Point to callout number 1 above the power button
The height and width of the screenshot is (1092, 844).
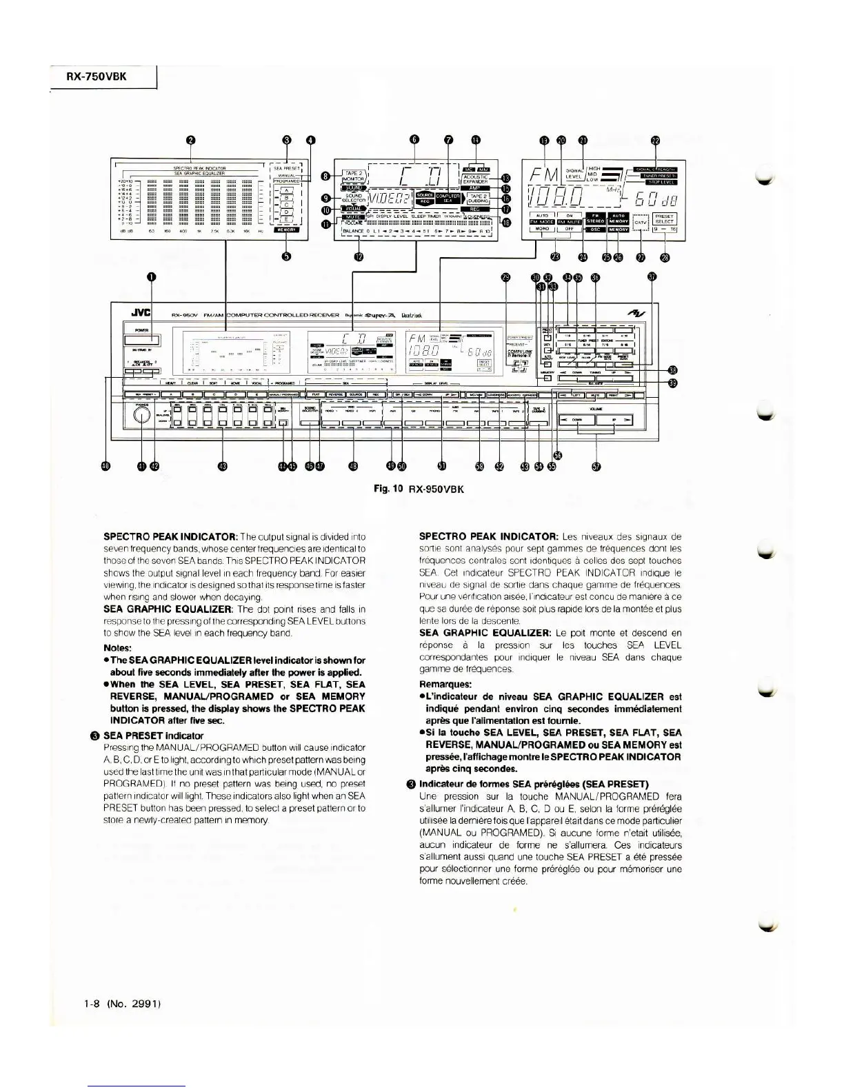click(x=150, y=277)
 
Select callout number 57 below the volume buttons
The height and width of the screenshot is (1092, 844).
click(x=595, y=467)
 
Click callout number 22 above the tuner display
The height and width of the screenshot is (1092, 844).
click(x=656, y=141)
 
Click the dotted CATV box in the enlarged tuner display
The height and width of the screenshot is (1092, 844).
click(x=640, y=223)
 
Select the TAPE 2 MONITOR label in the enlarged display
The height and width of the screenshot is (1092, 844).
click(x=353, y=176)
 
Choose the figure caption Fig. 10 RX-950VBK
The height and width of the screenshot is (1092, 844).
click(x=418, y=489)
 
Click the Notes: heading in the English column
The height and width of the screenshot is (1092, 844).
click(x=118, y=647)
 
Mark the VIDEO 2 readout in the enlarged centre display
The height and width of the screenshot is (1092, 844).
click(x=390, y=199)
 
